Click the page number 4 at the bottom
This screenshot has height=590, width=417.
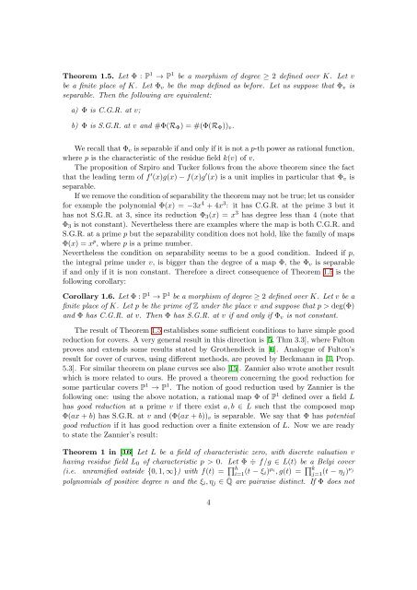(x=208, y=550)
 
